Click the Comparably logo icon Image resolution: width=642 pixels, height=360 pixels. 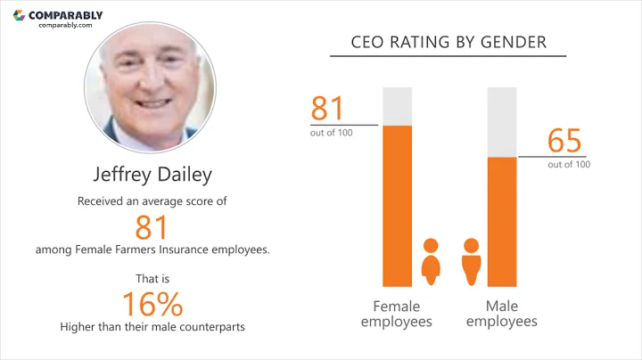pos(20,15)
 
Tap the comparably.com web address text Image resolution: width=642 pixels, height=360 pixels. pos(65,26)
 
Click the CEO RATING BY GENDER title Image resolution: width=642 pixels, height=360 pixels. pos(449,42)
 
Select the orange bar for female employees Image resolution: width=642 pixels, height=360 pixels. pos(398,205)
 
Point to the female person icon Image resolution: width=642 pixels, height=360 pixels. pos(431,261)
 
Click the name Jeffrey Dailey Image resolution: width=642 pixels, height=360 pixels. pos(150,173)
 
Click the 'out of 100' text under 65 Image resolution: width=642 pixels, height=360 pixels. pos(569,164)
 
